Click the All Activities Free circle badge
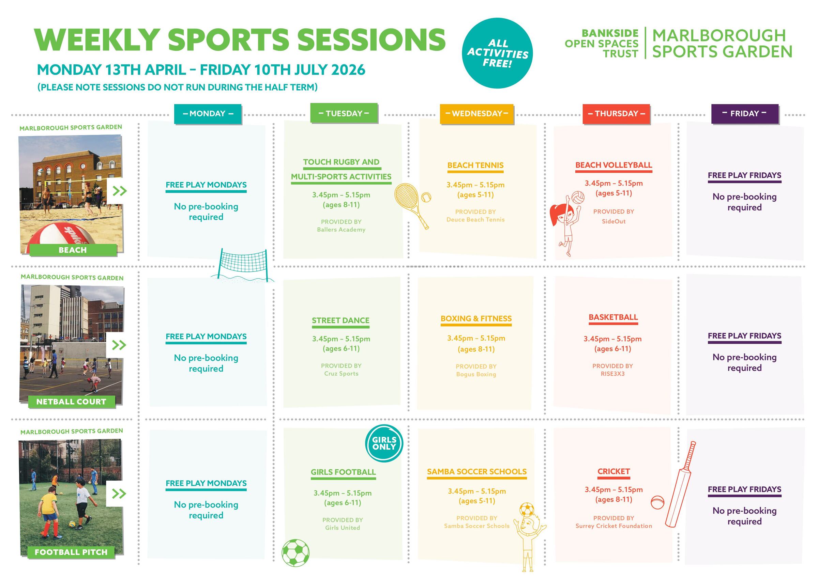coord(497,53)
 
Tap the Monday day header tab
coord(208,114)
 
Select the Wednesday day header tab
coord(477,114)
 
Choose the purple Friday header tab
coord(745,114)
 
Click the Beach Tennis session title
coord(475,165)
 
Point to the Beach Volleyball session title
coord(613,165)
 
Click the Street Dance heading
coord(340,320)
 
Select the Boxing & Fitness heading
coord(476,318)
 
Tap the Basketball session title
coord(613,317)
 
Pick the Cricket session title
coord(613,471)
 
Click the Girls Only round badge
coord(384,443)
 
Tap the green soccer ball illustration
coord(296,553)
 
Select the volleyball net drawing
coord(244,265)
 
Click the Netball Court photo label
coord(72,402)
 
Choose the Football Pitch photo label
coord(71,552)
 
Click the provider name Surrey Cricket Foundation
coord(613,526)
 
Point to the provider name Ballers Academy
coord(341,230)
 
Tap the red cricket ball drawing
coord(657,502)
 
